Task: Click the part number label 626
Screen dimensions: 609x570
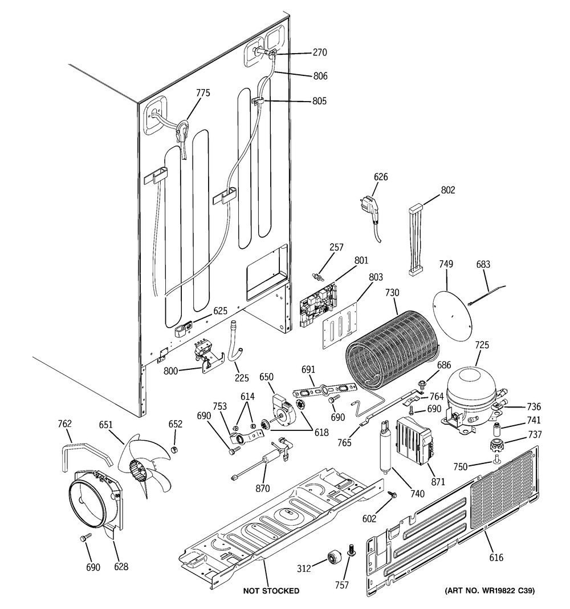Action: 380,177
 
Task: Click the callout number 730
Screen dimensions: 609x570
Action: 392,292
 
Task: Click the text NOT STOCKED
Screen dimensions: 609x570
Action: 271,591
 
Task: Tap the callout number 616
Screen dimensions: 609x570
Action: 496,558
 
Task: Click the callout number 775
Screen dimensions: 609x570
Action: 203,93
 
